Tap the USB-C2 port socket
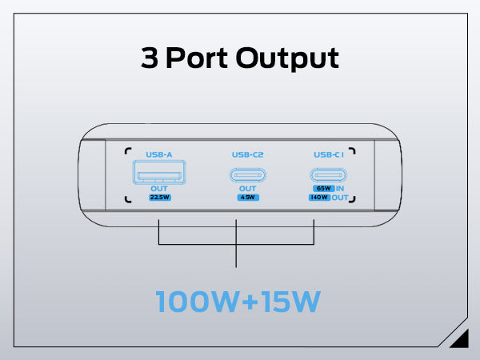[x=247, y=175]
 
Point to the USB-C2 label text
[x=247, y=154]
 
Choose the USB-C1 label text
[x=330, y=154]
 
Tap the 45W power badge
[x=247, y=197]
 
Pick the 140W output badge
[x=320, y=198]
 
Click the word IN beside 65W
[x=340, y=189]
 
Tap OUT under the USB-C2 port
[x=247, y=189]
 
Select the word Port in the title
[x=194, y=58]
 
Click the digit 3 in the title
[x=150, y=58]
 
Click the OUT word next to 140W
[x=340, y=198]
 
